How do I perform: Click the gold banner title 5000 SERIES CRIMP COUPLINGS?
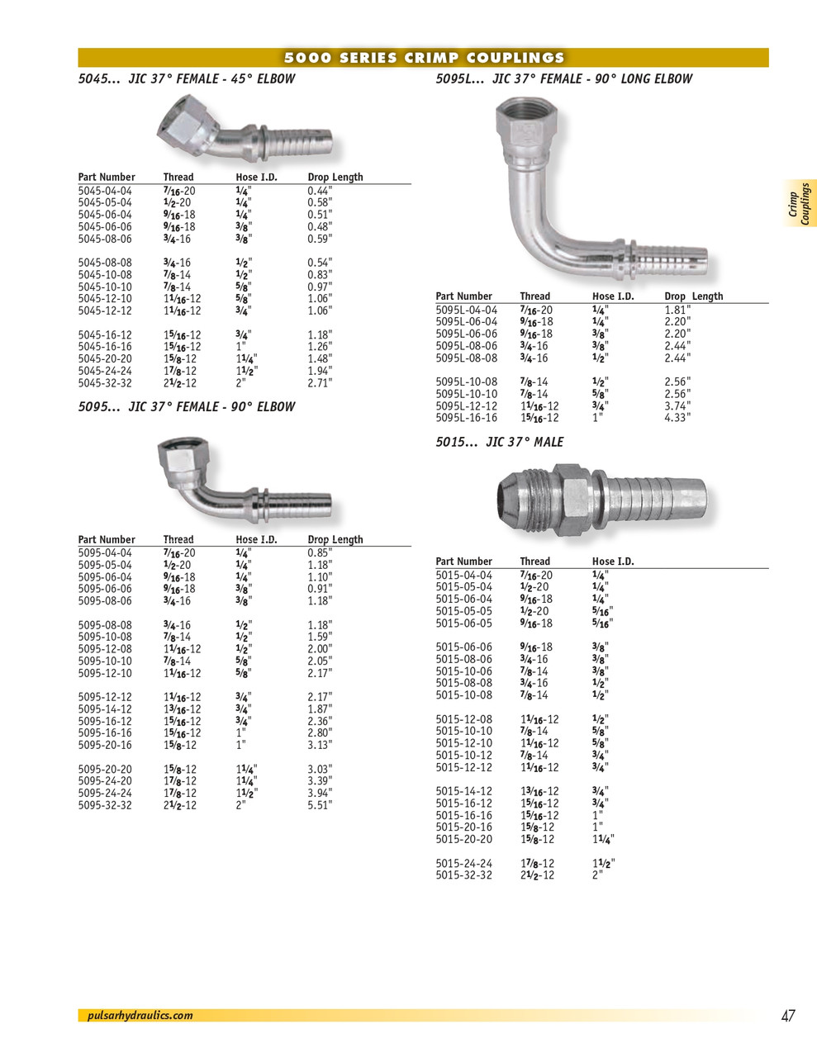pos(424,58)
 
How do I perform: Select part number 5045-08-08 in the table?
pos(105,263)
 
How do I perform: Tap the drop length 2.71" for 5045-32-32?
pos(320,383)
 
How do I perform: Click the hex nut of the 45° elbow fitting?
pos(187,126)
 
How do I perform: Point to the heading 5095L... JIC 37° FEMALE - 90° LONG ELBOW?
pos(563,79)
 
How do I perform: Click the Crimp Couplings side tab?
pos(799,203)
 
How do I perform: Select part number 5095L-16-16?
pos(466,418)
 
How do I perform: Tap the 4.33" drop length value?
pos(677,418)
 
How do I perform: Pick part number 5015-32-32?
pos(463,875)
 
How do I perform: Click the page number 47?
pos(787,1016)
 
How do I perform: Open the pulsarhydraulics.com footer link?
pos(140,1016)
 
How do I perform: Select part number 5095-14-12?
pos(105,709)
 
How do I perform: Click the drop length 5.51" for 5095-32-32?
pos(320,805)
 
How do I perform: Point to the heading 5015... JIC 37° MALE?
pos(499,443)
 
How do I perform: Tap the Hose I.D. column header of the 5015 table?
pos(613,562)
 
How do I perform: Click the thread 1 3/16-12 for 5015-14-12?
pos(539,791)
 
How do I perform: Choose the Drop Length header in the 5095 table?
pos(335,540)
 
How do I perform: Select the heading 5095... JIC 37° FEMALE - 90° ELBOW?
pos(186,407)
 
